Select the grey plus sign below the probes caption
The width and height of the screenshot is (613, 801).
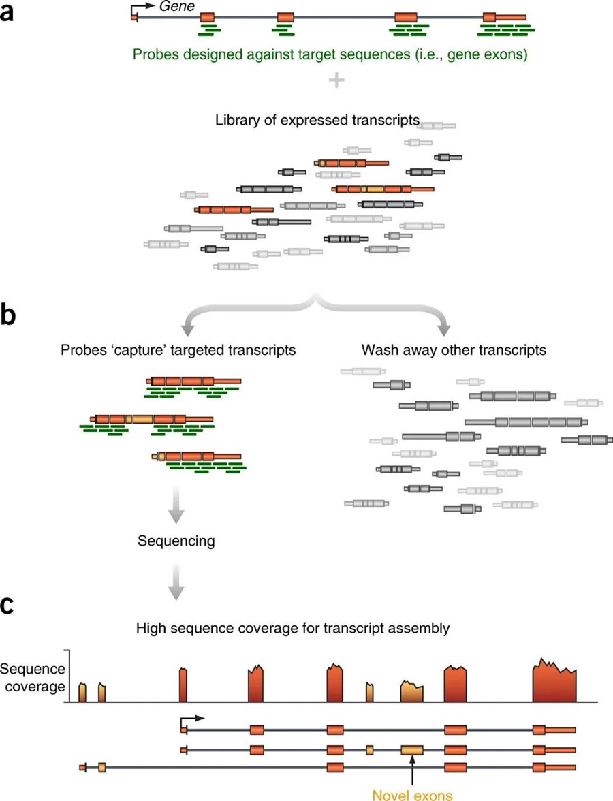(x=336, y=80)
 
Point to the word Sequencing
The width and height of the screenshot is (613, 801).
(x=176, y=541)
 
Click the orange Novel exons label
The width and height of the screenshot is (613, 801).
(x=412, y=794)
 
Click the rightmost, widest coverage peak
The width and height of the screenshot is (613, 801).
(x=554, y=681)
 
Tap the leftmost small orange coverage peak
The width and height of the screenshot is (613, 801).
(x=82, y=692)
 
